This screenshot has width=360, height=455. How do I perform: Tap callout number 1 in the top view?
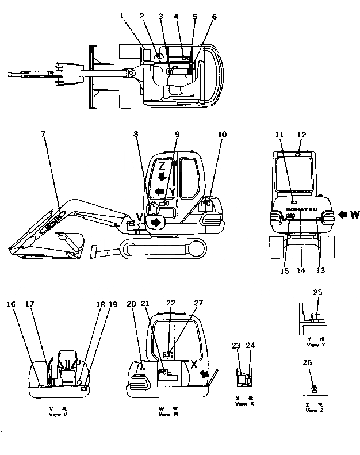122,16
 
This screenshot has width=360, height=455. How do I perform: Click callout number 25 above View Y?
317,293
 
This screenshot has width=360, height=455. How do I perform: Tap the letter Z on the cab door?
162,166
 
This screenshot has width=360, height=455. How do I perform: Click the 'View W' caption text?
164,414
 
